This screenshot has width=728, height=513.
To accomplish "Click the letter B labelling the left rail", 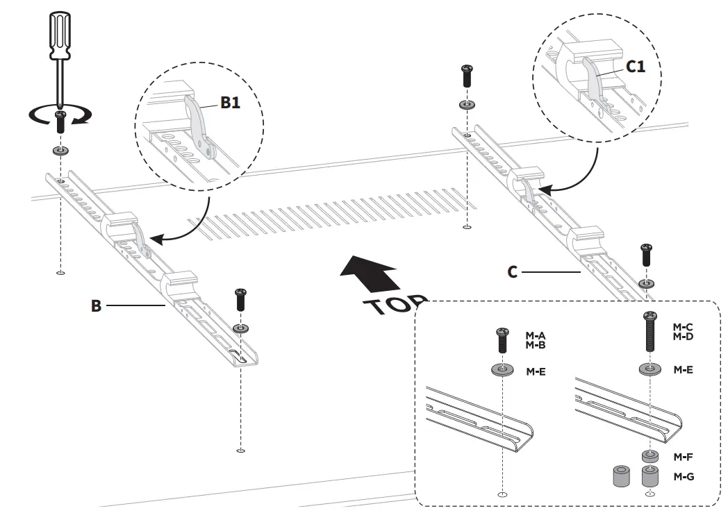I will coord(97,305).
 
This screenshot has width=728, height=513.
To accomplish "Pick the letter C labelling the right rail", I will coord(512,272).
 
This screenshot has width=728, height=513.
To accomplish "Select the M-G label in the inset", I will coord(684,477).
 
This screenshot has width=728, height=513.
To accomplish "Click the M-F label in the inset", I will coord(684,457).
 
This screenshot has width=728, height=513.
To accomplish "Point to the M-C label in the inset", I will coord(684,326).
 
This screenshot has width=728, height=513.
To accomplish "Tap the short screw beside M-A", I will coord(502,341).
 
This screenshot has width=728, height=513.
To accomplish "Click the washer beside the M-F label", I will coord(650,457).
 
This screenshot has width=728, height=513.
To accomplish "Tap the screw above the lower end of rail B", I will coord(241,299).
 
